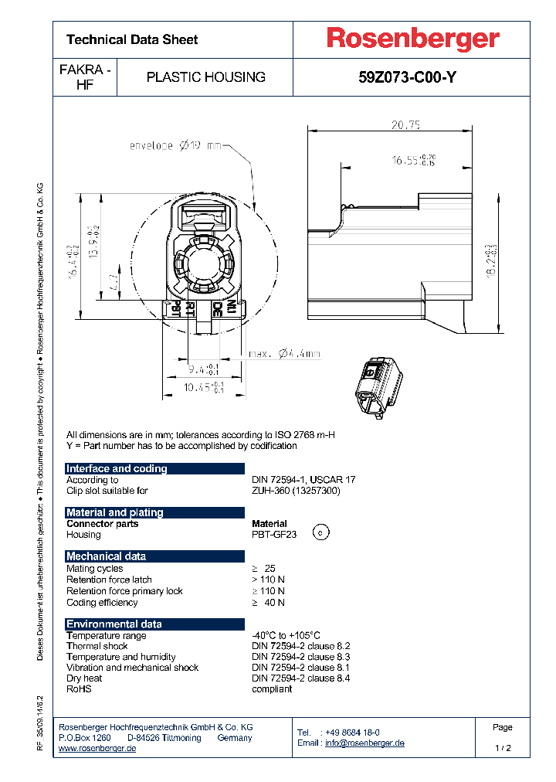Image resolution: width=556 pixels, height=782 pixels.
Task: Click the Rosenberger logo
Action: click(x=412, y=39)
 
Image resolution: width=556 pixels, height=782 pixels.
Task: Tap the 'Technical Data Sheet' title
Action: click(x=132, y=39)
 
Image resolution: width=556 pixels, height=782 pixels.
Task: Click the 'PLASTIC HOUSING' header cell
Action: click(x=205, y=77)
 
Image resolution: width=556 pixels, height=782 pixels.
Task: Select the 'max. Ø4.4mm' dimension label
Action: click(x=283, y=354)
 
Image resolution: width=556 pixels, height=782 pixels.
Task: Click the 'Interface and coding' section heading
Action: click(x=117, y=468)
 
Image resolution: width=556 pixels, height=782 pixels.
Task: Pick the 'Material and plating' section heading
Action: click(x=115, y=512)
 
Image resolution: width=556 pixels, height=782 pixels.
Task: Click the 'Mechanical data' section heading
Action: click(x=105, y=556)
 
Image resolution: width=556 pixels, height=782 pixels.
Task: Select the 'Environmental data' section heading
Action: click(x=114, y=624)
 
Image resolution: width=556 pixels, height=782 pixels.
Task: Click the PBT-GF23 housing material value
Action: click(x=275, y=535)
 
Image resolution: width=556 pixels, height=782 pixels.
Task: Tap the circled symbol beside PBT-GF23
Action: click(x=323, y=532)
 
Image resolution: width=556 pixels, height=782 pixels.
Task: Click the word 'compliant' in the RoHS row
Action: click(x=272, y=688)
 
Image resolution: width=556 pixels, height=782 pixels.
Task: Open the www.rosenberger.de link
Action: click(x=97, y=749)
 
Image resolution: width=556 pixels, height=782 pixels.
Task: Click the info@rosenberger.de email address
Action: click(x=364, y=743)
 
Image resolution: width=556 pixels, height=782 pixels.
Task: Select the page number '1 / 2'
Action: click(x=503, y=749)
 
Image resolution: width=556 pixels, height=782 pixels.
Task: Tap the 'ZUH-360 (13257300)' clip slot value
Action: click(x=296, y=491)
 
